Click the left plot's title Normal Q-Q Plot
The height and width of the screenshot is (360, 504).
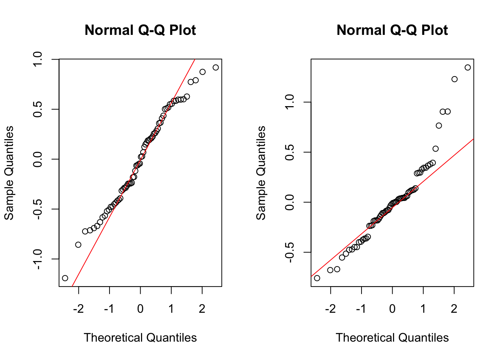(x=140, y=30)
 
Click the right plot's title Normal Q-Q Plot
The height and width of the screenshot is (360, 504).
(x=392, y=30)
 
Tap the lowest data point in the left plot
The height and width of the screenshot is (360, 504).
(x=65, y=278)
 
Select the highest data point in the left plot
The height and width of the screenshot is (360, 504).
(x=216, y=67)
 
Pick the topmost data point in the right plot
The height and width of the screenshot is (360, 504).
(x=468, y=67)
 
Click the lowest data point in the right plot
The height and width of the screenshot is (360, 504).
(x=317, y=278)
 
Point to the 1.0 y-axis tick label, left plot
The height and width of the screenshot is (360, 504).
(x=38, y=59)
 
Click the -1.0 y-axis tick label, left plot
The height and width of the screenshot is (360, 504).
(x=38, y=259)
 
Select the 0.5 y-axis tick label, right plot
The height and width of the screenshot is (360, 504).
(x=289, y=152)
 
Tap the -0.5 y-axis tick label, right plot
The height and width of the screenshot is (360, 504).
(x=289, y=252)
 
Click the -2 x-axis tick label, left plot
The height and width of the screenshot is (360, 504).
(x=78, y=309)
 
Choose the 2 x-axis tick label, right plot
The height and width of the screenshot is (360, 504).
(x=454, y=309)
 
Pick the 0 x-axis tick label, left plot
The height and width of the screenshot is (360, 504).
(x=140, y=309)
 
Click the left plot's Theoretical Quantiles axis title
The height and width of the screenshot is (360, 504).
(x=140, y=337)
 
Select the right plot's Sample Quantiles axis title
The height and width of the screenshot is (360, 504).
(x=261, y=173)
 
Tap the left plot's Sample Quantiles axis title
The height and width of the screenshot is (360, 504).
(x=9, y=173)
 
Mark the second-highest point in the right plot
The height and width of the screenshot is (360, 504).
(x=454, y=79)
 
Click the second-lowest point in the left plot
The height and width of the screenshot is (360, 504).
(x=78, y=244)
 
